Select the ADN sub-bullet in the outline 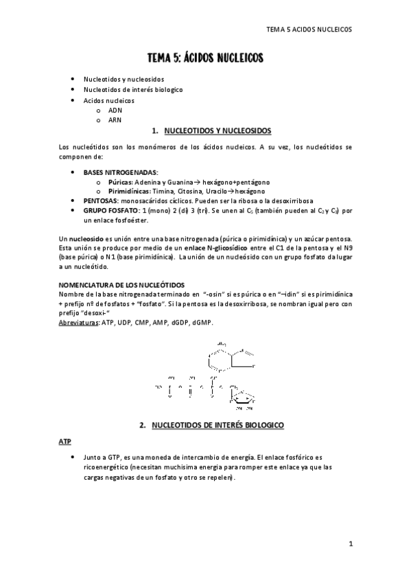click(x=115, y=110)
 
